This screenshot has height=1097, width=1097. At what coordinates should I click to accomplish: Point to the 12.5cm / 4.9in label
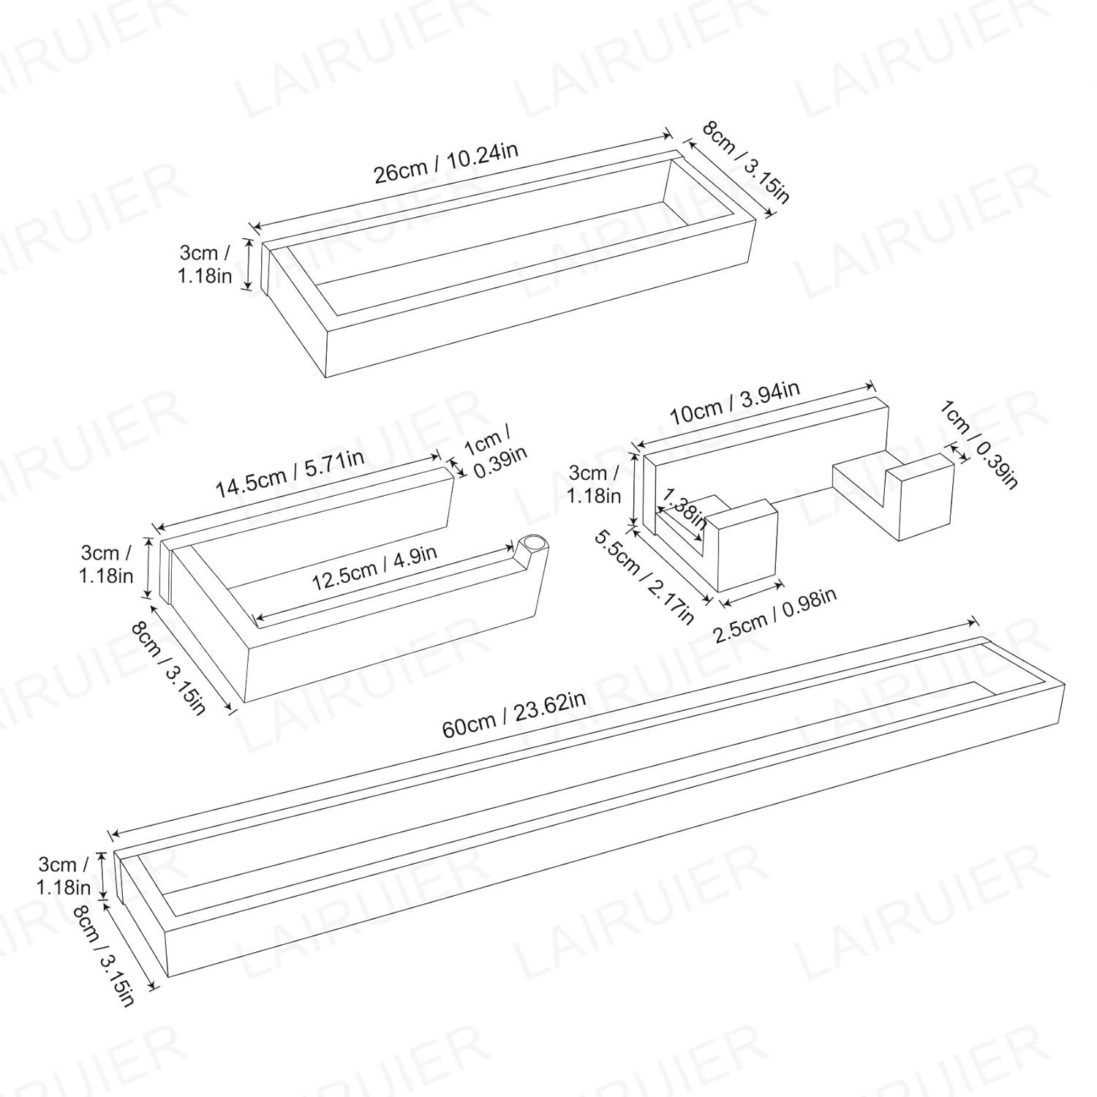tap(374, 567)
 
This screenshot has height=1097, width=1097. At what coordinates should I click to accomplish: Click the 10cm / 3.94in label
tap(735, 404)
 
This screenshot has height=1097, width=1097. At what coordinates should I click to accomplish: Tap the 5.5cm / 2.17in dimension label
tap(644, 578)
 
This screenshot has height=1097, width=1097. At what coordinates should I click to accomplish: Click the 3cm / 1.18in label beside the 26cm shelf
tap(206, 264)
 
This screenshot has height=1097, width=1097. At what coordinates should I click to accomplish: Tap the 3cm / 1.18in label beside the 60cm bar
tap(64, 875)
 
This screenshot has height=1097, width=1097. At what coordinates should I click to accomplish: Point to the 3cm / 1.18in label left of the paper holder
tap(107, 563)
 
